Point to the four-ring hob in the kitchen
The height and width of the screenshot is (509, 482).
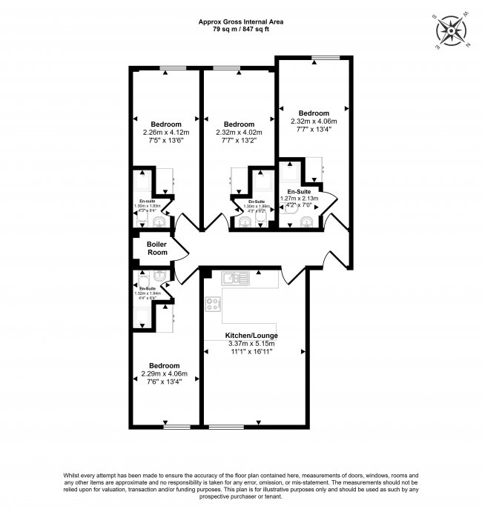[x=213, y=303]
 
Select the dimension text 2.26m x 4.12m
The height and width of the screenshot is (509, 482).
[x=166, y=133]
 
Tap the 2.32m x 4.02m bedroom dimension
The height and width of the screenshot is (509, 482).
[x=239, y=133]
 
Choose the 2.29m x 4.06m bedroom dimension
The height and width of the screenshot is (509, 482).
[x=164, y=375]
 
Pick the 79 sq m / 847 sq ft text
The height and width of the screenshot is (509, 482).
[x=240, y=30]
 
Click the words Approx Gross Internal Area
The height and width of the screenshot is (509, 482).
[x=240, y=22]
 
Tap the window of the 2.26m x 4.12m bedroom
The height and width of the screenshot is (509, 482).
[x=173, y=68]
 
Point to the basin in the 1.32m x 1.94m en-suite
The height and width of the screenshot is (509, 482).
[x=158, y=276]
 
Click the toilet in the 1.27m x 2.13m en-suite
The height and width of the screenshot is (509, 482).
[x=306, y=219]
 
